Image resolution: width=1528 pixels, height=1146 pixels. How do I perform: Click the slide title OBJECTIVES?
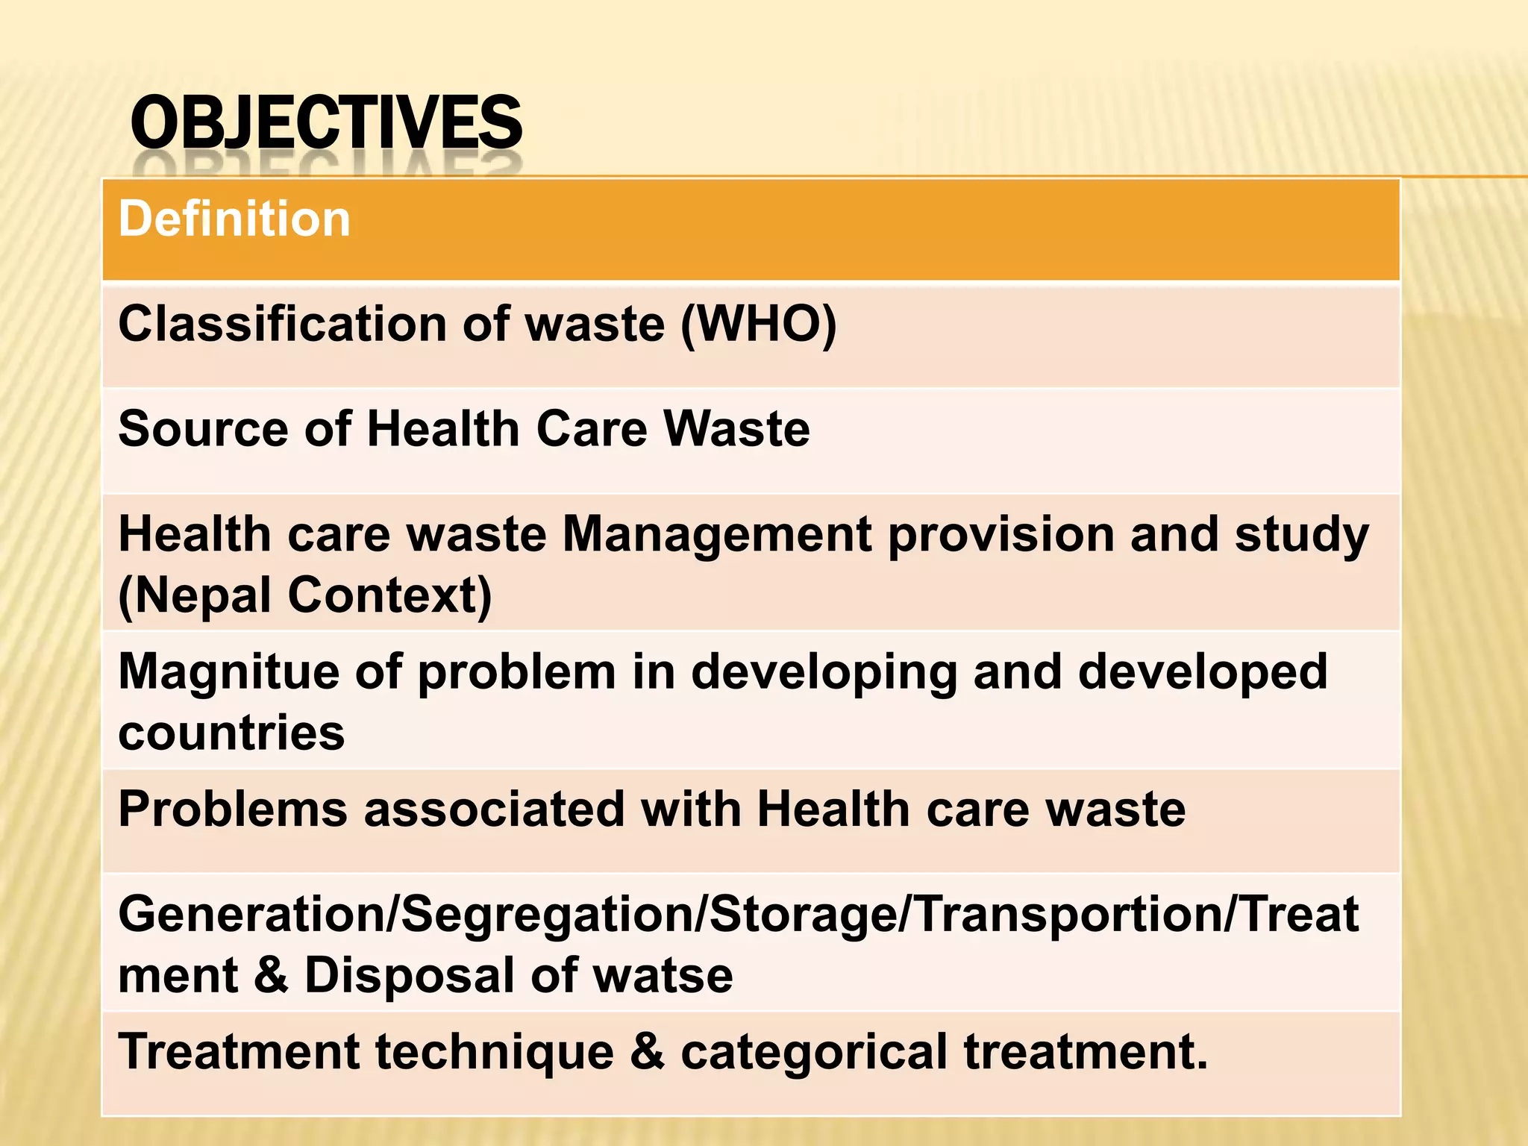coord(326,123)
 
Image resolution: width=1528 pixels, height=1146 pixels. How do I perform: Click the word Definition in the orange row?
coord(234,219)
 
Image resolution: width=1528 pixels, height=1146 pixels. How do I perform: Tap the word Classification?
coord(283,325)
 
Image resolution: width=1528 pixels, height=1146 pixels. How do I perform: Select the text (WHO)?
coord(758,325)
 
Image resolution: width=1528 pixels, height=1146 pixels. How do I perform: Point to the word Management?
coord(717,535)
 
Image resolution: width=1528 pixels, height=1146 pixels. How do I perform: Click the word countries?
coord(231,733)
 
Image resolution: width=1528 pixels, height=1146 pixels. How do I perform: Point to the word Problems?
coord(233,810)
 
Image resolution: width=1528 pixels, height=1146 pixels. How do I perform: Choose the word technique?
coord(494,1053)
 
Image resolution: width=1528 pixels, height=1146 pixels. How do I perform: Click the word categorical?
coord(814,1053)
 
